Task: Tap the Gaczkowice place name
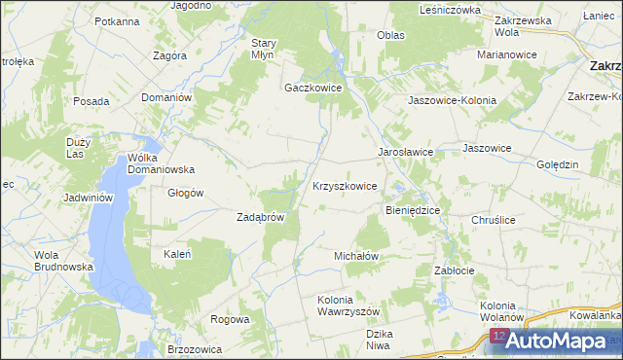pos(312,87)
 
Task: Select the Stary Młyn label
pos(266,49)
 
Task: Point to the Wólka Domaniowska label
pos(162,162)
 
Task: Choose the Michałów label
pos(355,255)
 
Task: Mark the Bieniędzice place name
pos(414,209)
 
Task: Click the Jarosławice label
pos(405,153)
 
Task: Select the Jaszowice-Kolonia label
pos(452,100)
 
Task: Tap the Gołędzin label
pos(558,164)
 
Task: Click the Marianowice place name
pos(507,54)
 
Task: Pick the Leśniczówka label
pos(450,10)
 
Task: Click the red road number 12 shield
pos(497,337)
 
